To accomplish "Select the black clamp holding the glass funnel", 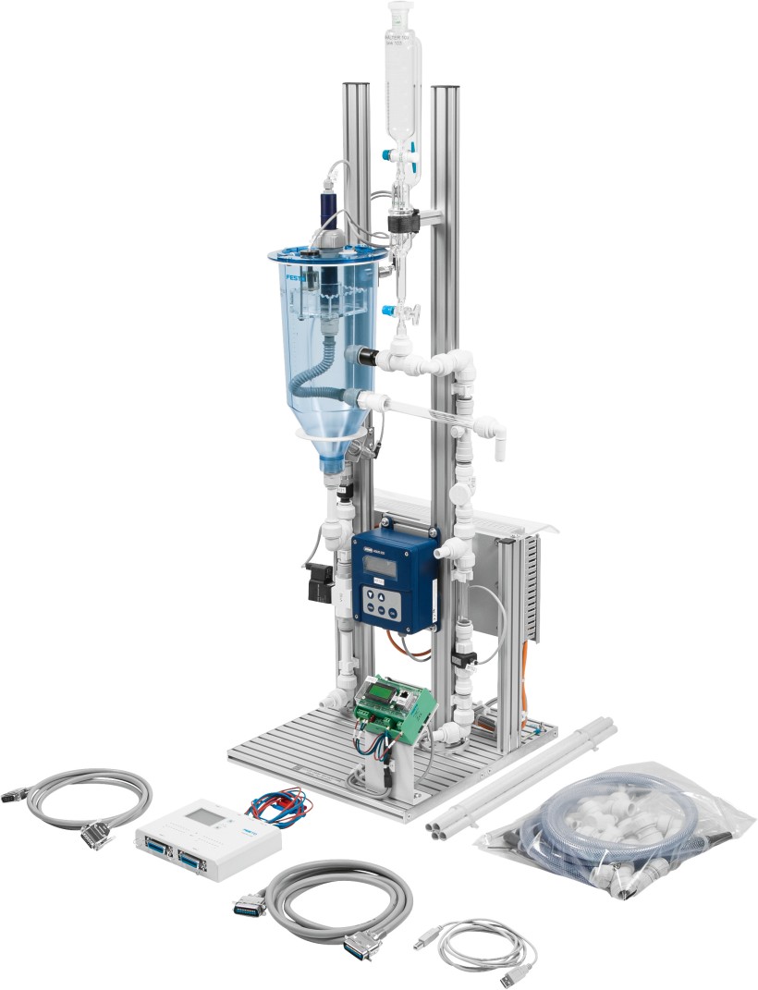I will [x=403, y=221].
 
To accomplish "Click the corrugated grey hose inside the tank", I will [x=319, y=379].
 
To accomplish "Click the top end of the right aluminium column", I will [x=446, y=90].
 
